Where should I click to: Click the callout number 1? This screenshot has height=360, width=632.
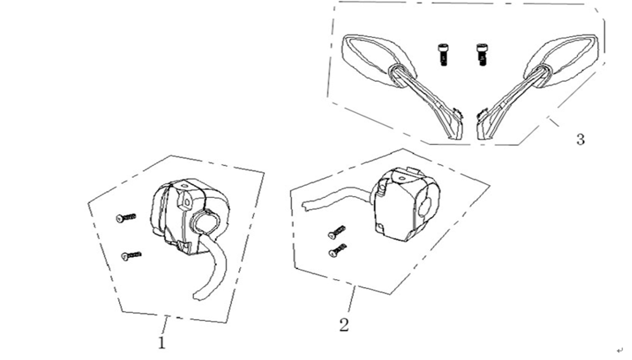click(162, 342)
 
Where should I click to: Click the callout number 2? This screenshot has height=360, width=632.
click(344, 324)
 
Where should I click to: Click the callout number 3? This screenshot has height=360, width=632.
click(580, 139)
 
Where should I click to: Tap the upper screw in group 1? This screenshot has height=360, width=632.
click(126, 217)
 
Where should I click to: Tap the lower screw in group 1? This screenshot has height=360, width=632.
click(131, 255)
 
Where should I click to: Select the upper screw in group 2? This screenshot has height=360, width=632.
click(337, 232)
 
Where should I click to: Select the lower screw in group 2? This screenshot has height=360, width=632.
click(338, 250)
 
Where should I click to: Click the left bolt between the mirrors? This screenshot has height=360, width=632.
click(443, 54)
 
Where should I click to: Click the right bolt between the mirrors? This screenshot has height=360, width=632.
click(482, 54)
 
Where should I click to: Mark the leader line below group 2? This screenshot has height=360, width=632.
click(350, 301)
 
